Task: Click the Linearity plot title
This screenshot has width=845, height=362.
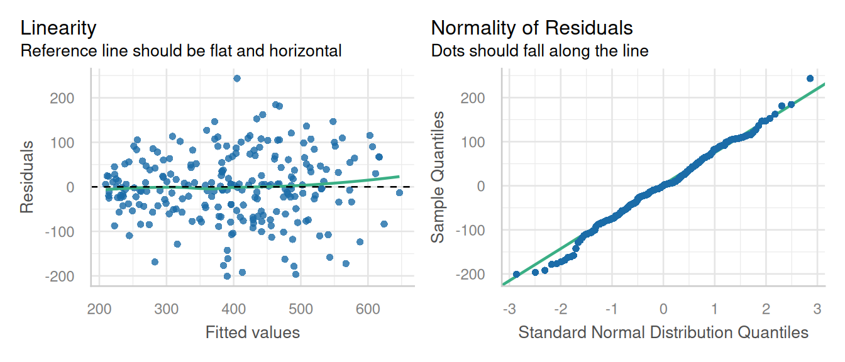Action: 58,28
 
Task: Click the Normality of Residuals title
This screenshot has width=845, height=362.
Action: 532,28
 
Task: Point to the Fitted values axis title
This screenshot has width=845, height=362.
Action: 253,332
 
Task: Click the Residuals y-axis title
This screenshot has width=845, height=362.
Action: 27,177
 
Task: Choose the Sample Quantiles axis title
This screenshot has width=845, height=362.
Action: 439,177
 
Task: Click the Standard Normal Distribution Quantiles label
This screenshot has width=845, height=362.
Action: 663,332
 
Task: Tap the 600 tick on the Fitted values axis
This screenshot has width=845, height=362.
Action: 368,309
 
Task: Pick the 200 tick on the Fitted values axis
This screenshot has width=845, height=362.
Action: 99,309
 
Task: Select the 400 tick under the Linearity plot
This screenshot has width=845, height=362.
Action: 234,309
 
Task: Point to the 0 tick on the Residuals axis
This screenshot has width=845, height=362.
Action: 70,187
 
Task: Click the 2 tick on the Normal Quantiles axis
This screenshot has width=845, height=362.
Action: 765,309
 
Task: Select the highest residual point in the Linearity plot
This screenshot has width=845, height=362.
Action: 237,79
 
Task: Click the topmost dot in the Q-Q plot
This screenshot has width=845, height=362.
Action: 810,79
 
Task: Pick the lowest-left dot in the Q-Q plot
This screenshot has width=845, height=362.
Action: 517,274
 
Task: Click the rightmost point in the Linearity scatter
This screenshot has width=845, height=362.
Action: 399,192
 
